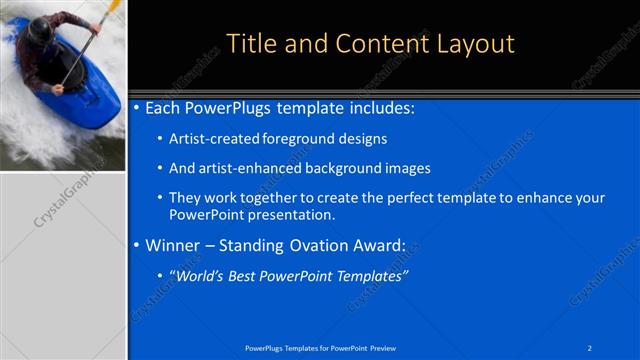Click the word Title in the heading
click(250, 44)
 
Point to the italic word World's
click(203, 276)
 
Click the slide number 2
click(590, 347)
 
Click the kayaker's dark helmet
click(40, 30)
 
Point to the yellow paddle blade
click(114, 9)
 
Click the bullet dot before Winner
click(137, 245)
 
